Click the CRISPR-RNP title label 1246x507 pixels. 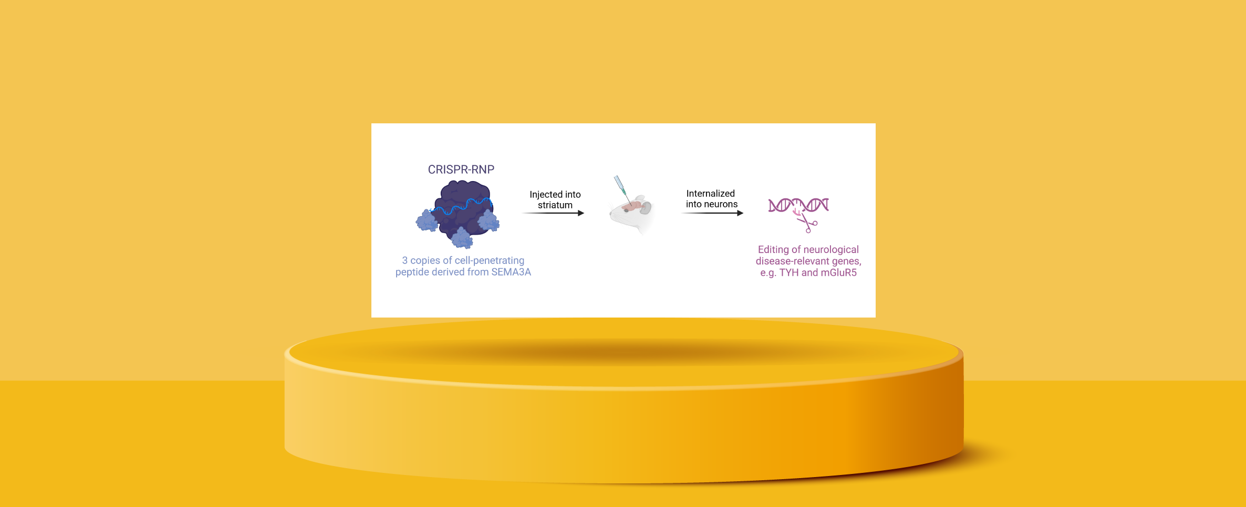(461, 170)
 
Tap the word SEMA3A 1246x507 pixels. (511, 272)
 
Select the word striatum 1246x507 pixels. (555, 205)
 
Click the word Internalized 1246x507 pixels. (710, 194)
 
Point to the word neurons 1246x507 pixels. (720, 204)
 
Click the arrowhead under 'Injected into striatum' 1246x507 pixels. (581, 213)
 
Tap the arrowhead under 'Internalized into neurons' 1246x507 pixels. (740, 213)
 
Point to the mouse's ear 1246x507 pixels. (645, 208)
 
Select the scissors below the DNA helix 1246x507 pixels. (807, 223)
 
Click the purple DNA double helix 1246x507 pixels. (798, 205)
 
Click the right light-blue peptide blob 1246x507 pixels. (488, 220)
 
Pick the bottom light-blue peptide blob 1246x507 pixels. (462, 238)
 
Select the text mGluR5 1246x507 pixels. (838, 272)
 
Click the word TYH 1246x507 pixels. (789, 272)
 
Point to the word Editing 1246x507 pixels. (773, 250)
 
